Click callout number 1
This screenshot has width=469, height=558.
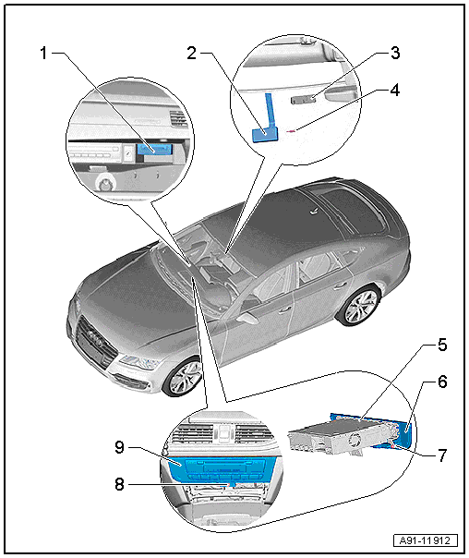(43, 54)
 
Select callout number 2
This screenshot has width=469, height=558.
(192, 54)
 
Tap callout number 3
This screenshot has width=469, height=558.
(395, 53)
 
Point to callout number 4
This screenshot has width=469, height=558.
(395, 90)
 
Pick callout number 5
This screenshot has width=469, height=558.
(442, 345)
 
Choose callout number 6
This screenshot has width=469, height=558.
(442, 382)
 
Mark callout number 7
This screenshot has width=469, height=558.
(442, 455)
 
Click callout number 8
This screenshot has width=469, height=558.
(119, 484)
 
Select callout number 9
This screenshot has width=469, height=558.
(119, 447)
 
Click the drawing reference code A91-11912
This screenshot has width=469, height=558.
(426, 540)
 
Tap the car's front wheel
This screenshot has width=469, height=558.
(184, 377)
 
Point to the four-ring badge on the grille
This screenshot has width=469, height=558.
(95, 336)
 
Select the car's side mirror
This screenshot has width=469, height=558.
(247, 318)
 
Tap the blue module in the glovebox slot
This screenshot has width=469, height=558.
(155, 150)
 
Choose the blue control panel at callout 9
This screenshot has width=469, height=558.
(221, 468)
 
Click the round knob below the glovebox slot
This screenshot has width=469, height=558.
(105, 183)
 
